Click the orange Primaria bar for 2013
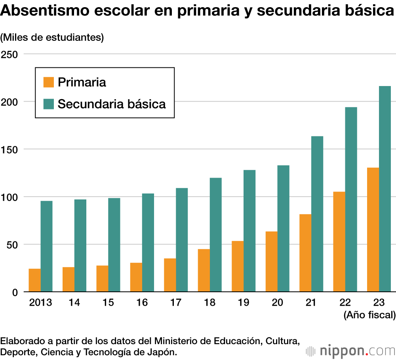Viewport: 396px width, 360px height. (34, 280)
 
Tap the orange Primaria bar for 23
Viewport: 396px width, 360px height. (373, 230)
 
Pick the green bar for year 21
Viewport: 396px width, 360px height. (317, 214)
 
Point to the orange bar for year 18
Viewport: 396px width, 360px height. (204, 270)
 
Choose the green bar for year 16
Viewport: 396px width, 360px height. (148, 243)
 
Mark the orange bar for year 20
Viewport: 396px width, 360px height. (272, 262)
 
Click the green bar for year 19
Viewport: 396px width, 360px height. (249, 231)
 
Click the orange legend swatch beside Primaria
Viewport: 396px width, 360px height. (48, 82)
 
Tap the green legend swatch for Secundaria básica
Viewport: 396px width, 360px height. (48, 104)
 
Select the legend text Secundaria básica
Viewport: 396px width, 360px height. (112, 104)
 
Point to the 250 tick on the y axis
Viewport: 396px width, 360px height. (10, 54)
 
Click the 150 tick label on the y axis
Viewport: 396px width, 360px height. (10, 149)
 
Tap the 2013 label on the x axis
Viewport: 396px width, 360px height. (40, 303)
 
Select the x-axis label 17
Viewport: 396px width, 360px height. (176, 303)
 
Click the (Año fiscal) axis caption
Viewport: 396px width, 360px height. (369, 315)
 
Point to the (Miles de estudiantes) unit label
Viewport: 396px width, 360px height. (52, 37)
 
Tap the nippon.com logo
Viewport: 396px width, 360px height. (350, 350)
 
